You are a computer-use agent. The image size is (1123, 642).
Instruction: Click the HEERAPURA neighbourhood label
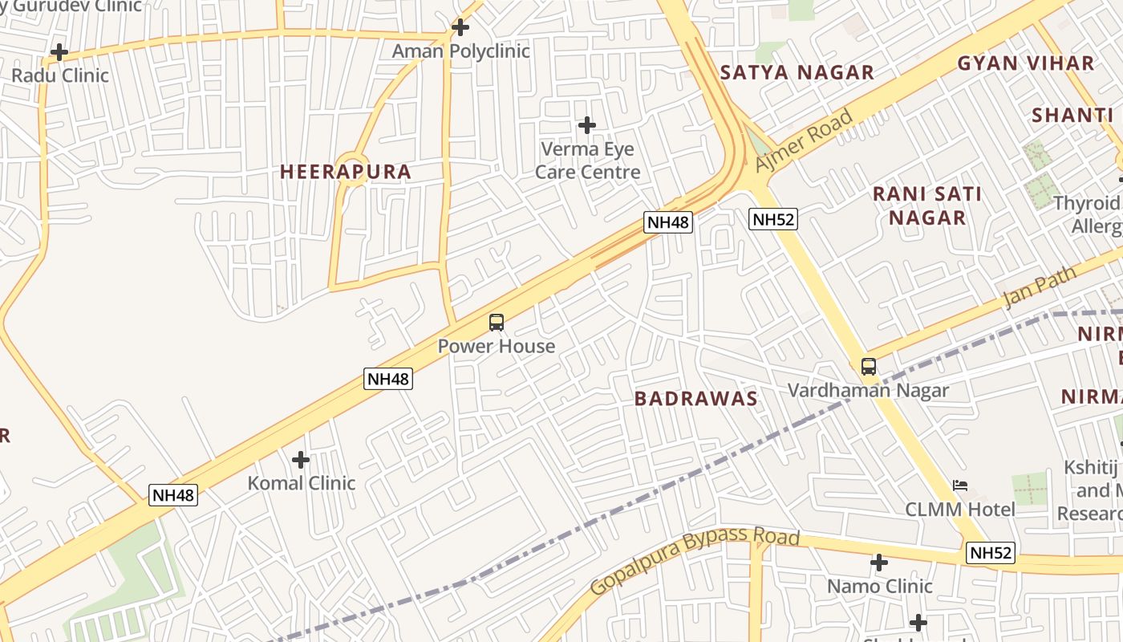(x=345, y=172)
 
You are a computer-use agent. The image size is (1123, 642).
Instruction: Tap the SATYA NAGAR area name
(x=797, y=73)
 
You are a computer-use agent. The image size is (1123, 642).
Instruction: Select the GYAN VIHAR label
(x=1026, y=63)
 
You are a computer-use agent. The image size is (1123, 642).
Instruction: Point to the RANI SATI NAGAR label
(x=927, y=205)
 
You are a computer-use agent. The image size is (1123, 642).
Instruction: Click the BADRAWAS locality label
(x=695, y=399)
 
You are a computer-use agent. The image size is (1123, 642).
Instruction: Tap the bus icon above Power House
(x=497, y=323)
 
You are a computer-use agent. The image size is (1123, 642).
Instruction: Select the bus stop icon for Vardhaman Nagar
(x=868, y=367)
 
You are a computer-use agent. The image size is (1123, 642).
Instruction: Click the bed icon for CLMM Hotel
(x=959, y=486)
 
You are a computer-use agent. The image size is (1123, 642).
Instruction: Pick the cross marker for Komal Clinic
(x=301, y=460)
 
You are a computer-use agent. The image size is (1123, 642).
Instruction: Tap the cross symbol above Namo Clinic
(x=879, y=563)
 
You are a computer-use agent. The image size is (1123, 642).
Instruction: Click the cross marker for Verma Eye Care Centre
(x=587, y=125)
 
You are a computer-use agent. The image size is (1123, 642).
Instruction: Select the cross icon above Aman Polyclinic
(x=460, y=27)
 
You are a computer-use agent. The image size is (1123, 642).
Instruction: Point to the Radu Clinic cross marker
(x=59, y=53)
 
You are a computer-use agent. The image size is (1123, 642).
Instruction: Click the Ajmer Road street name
(x=805, y=140)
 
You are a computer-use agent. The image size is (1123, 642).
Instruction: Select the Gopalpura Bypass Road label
(x=695, y=560)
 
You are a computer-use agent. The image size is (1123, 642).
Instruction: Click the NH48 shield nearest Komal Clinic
(x=173, y=495)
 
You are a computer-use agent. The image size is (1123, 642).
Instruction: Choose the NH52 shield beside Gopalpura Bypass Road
(x=991, y=552)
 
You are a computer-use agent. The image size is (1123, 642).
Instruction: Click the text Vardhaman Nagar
(x=868, y=391)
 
